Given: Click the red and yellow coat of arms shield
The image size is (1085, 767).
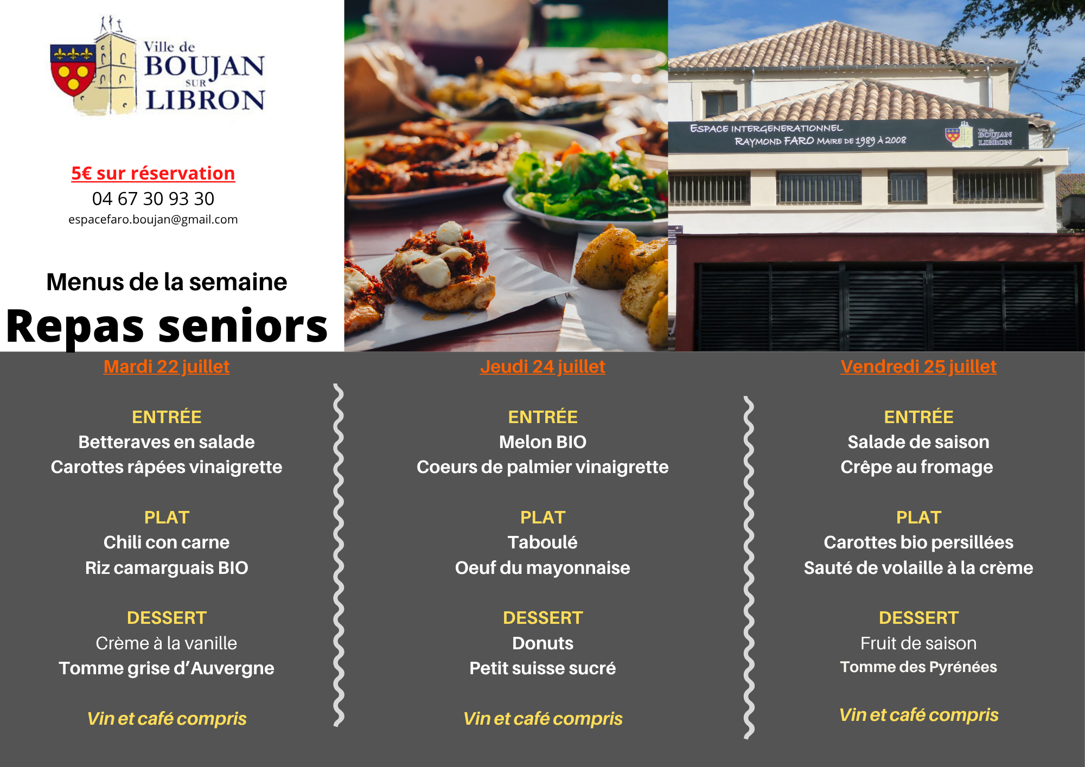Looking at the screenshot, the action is (x=73, y=70).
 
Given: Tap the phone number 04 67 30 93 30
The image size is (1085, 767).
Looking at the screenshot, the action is (x=153, y=199).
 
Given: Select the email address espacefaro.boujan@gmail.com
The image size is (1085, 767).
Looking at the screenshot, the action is (x=153, y=219).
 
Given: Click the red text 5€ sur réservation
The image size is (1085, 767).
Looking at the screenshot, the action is (x=153, y=173).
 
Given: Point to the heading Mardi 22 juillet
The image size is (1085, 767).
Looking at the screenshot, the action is (x=167, y=367).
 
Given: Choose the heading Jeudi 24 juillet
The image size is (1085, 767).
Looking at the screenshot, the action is (x=542, y=367).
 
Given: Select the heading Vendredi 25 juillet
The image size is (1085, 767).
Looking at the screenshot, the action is (x=918, y=367).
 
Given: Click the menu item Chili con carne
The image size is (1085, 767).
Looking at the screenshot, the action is (x=167, y=542).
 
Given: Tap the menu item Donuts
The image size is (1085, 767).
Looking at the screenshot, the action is (x=542, y=643).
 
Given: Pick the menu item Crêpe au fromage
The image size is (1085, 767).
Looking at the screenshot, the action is (x=917, y=467).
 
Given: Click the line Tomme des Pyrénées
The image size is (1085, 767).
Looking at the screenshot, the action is (x=918, y=667).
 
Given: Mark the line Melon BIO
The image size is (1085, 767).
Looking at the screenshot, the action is (x=542, y=442).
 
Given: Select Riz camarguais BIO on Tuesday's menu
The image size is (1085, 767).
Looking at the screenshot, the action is (x=167, y=568).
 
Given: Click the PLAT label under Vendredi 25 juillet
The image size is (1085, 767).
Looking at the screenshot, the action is (x=918, y=517).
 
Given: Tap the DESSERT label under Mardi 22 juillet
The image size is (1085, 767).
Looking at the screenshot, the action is (x=167, y=618).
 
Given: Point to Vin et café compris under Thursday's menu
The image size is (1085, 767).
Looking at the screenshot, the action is (x=542, y=719).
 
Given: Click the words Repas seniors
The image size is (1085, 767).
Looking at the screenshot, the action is (x=167, y=327).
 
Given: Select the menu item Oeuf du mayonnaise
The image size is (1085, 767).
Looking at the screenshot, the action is (x=542, y=568).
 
